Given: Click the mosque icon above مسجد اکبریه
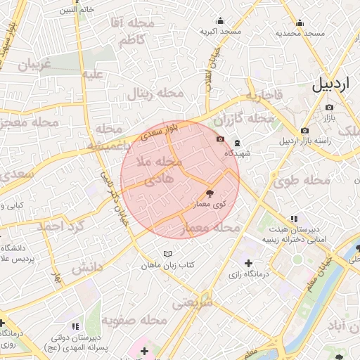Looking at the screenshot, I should click(221, 20).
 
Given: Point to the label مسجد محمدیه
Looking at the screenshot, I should click(300, 33).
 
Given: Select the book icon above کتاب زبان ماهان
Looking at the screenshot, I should click(167, 254).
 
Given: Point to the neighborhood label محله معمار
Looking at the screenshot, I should click(211, 228).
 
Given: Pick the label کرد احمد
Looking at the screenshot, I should click(61, 226).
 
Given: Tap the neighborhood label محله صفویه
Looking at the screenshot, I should click(134, 320).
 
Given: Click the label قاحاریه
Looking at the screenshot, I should click(264, 95).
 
